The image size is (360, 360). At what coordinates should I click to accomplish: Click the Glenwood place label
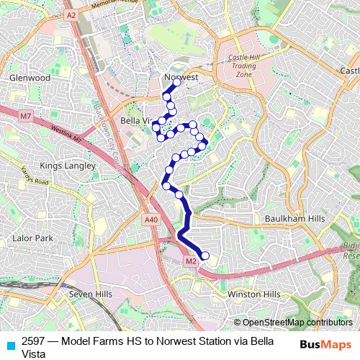point(30,77)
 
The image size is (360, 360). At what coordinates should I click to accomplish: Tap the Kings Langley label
point(68,166)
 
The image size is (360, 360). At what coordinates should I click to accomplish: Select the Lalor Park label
point(32,238)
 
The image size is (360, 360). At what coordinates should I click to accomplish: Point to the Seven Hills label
point(91,294)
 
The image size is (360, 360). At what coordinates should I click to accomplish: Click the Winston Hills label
point(253,294)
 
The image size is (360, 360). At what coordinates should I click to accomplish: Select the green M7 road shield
point(26,116)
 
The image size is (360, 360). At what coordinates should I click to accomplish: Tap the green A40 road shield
point(150,220)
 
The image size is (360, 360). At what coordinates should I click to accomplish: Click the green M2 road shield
point(191,261)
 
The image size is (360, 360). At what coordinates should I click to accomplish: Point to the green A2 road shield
point(71,14)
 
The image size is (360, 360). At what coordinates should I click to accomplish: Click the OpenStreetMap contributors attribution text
point(297,323)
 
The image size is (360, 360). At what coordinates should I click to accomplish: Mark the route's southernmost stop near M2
point(204,255)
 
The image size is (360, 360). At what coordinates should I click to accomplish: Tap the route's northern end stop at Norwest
point(176,83)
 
